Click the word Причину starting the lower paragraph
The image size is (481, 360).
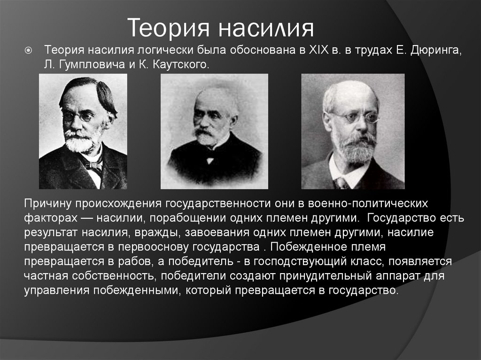point(47,205)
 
